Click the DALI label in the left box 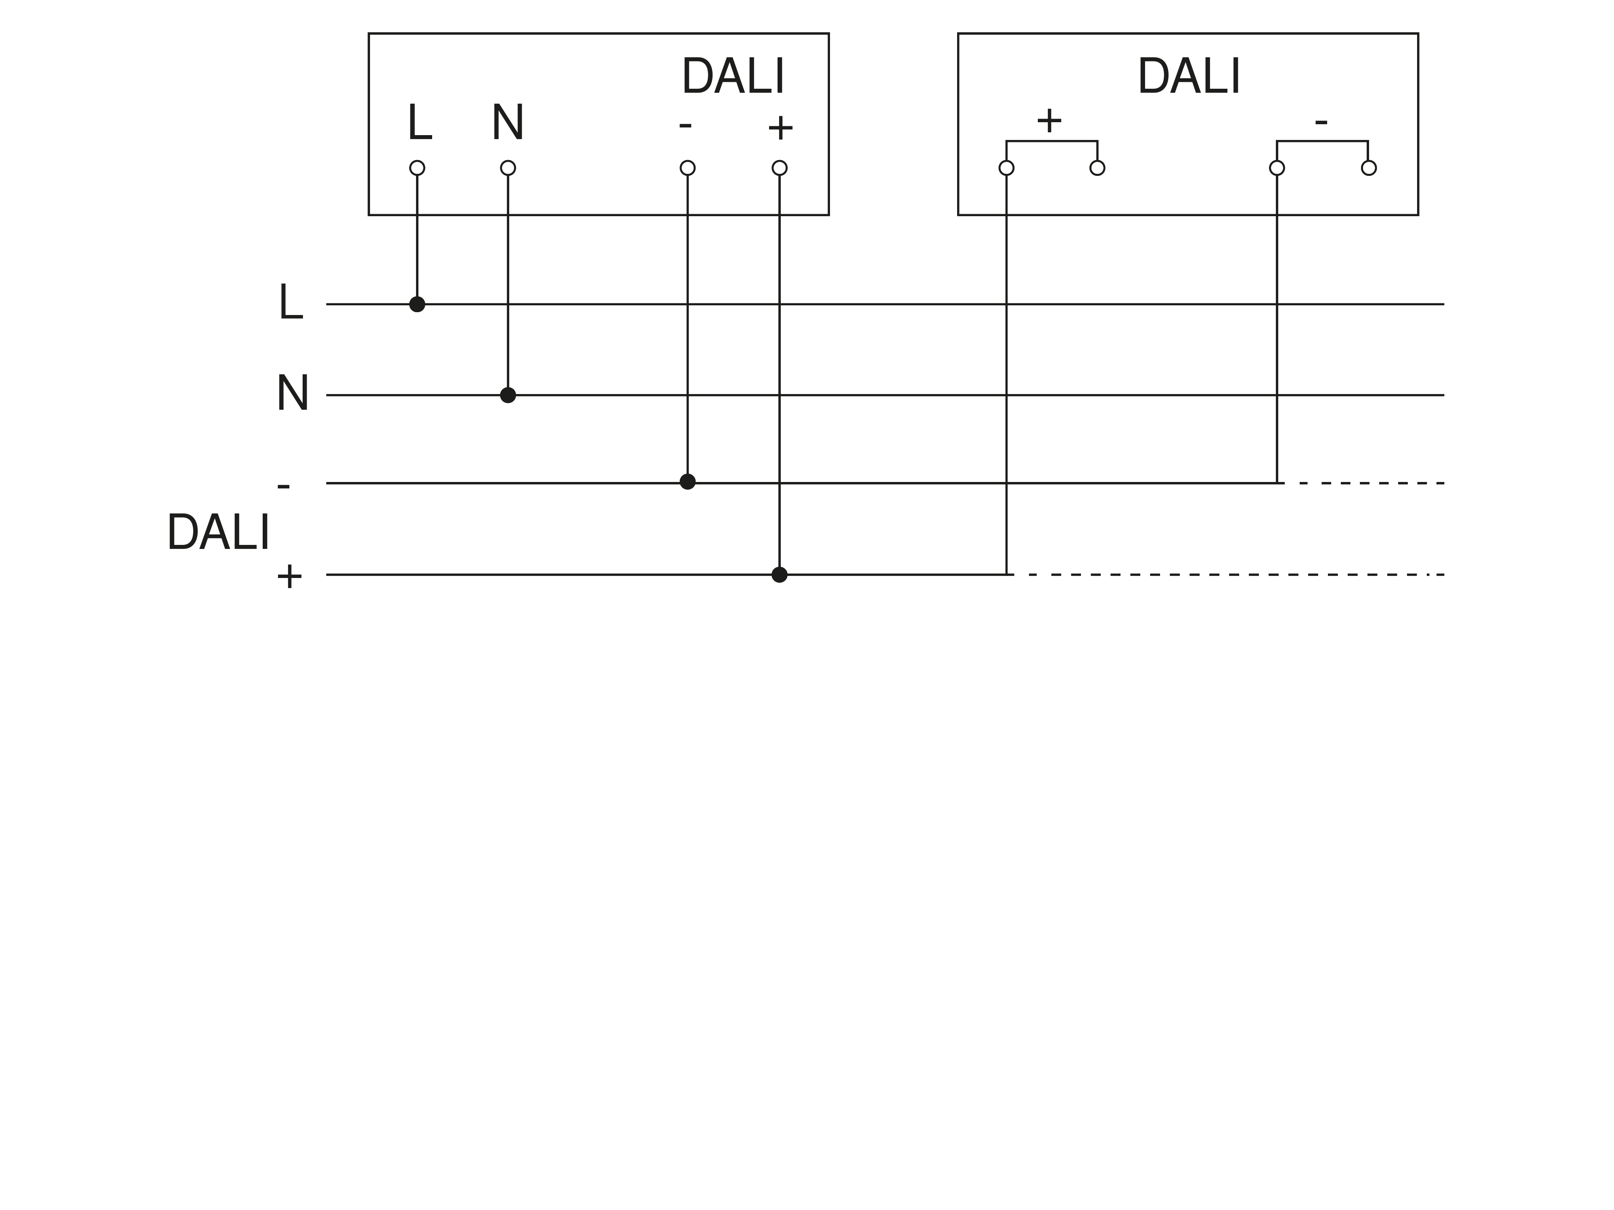click(733, 77)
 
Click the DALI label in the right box click(1189, 77)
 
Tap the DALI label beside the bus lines click(218, 532)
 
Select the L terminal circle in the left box click(417, 168)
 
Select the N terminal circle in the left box click(508, 168)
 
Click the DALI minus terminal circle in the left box click(687, 168)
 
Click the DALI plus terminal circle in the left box click(779, 168)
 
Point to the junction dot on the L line click(417, 304)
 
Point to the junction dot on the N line click(508, 395)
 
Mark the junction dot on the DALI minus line click(687, 481)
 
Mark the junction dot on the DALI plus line click(779, 575)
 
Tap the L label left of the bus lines click(291, 302)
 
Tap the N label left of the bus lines click(293, 393)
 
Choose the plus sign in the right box click(1049, 120)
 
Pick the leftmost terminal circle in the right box click(1006, 168)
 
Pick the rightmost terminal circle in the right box click(1369, 168)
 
